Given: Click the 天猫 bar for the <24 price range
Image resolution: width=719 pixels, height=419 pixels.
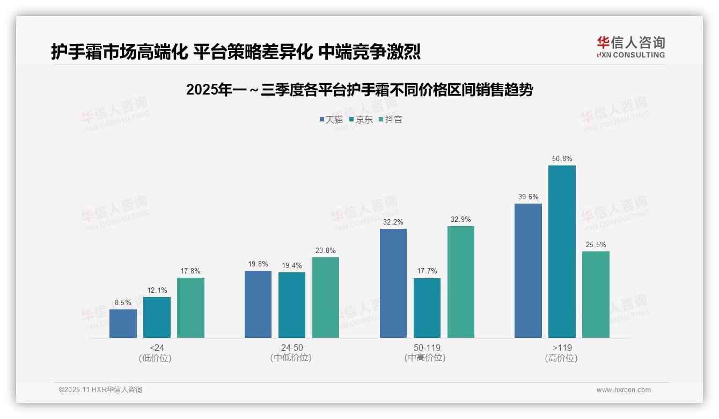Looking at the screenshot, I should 123,324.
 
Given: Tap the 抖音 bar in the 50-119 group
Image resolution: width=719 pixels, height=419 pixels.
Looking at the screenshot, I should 461,282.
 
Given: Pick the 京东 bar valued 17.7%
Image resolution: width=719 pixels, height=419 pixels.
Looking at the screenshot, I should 427,308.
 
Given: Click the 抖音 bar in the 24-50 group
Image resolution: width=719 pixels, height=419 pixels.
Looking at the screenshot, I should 326,298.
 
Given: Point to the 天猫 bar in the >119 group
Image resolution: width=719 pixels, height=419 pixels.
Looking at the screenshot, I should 528,271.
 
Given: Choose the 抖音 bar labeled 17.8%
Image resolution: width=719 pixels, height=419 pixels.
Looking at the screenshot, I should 190,308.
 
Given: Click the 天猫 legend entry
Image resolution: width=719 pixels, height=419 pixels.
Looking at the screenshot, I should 331,119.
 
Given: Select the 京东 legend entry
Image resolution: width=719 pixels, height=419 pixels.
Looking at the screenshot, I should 361,119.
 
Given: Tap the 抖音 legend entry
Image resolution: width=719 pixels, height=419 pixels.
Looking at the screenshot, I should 391,119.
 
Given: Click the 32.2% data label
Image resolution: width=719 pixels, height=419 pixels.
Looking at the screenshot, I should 393,222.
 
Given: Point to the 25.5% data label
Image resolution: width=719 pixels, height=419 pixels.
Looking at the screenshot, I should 596,244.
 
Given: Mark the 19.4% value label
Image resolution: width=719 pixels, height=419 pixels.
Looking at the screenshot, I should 292,265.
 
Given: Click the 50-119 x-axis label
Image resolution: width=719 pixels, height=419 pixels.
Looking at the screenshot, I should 427,348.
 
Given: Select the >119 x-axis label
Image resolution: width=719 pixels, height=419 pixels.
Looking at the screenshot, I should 562,348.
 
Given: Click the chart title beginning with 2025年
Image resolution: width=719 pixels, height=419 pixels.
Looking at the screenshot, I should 359,90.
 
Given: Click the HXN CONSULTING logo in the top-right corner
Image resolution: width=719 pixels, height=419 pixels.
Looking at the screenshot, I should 630,47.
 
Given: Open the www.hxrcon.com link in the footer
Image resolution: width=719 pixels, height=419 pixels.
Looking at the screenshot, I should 623,390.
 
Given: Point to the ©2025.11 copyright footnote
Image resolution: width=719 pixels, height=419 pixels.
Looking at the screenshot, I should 100,389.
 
